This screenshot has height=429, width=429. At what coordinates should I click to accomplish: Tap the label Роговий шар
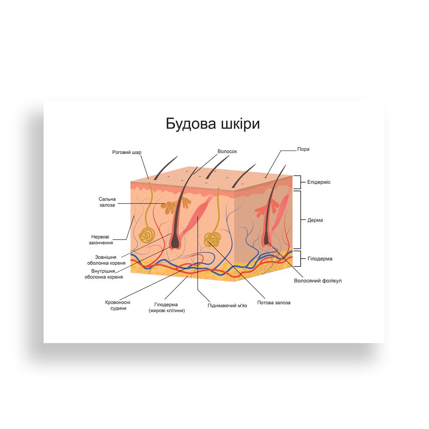tap(127, 152)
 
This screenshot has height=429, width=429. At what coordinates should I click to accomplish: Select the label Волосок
tap(227, 151)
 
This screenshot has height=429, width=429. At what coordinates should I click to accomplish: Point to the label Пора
tap(303, 149)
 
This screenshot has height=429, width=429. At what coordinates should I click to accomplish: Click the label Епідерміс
tap(319, 182)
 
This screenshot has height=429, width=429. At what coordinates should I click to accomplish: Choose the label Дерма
tap(315, 220)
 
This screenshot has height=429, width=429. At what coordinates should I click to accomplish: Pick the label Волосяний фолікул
tap(318, 281)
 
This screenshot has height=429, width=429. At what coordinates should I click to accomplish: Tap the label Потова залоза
tap(274, 302)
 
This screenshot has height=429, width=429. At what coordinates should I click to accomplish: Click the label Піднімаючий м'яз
tap(227, 305)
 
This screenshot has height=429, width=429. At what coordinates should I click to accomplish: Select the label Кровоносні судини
tap(116, 305)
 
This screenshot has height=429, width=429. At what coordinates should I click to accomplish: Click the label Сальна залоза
tap(107, 202)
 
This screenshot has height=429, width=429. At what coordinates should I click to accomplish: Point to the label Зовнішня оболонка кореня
tap(106, 260)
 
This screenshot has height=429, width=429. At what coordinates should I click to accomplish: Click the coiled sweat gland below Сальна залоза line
tap(147, 235)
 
